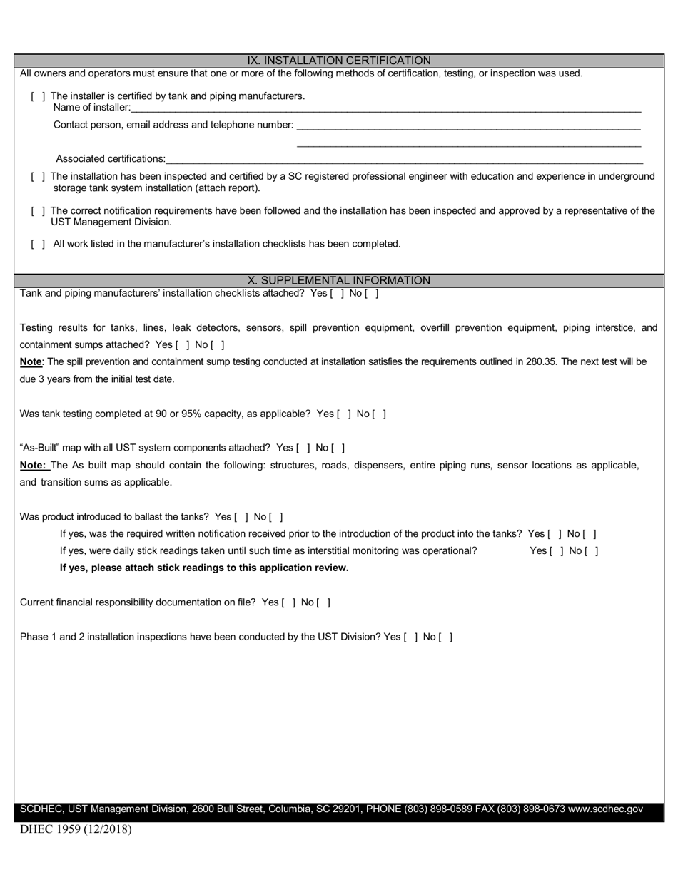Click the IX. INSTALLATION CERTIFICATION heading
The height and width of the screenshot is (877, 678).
(x=339, y=61)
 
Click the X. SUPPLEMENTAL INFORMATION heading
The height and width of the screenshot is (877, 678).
(x=339, y=280)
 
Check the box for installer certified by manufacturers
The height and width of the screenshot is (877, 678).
(x=39, y=96)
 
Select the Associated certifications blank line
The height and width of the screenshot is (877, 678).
(x=403, y=159)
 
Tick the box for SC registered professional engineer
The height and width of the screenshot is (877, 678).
(x=39, y=176)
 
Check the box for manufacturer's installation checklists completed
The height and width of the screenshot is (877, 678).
(x=39, y=244)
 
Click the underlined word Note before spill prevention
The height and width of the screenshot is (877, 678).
(x=31, y=361)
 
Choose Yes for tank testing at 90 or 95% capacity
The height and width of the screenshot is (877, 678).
(x=343, y=414)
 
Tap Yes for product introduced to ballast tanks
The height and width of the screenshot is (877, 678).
(x=241, y=517)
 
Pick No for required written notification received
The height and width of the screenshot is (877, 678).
(x=590, y=534)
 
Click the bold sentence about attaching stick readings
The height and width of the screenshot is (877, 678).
(x=204, y=568)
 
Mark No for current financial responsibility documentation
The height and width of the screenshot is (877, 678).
(x=324, y=602)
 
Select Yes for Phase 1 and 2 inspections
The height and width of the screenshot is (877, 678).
(x=410, y=637)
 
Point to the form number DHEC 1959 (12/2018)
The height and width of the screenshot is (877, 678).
(x=76, y=829)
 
